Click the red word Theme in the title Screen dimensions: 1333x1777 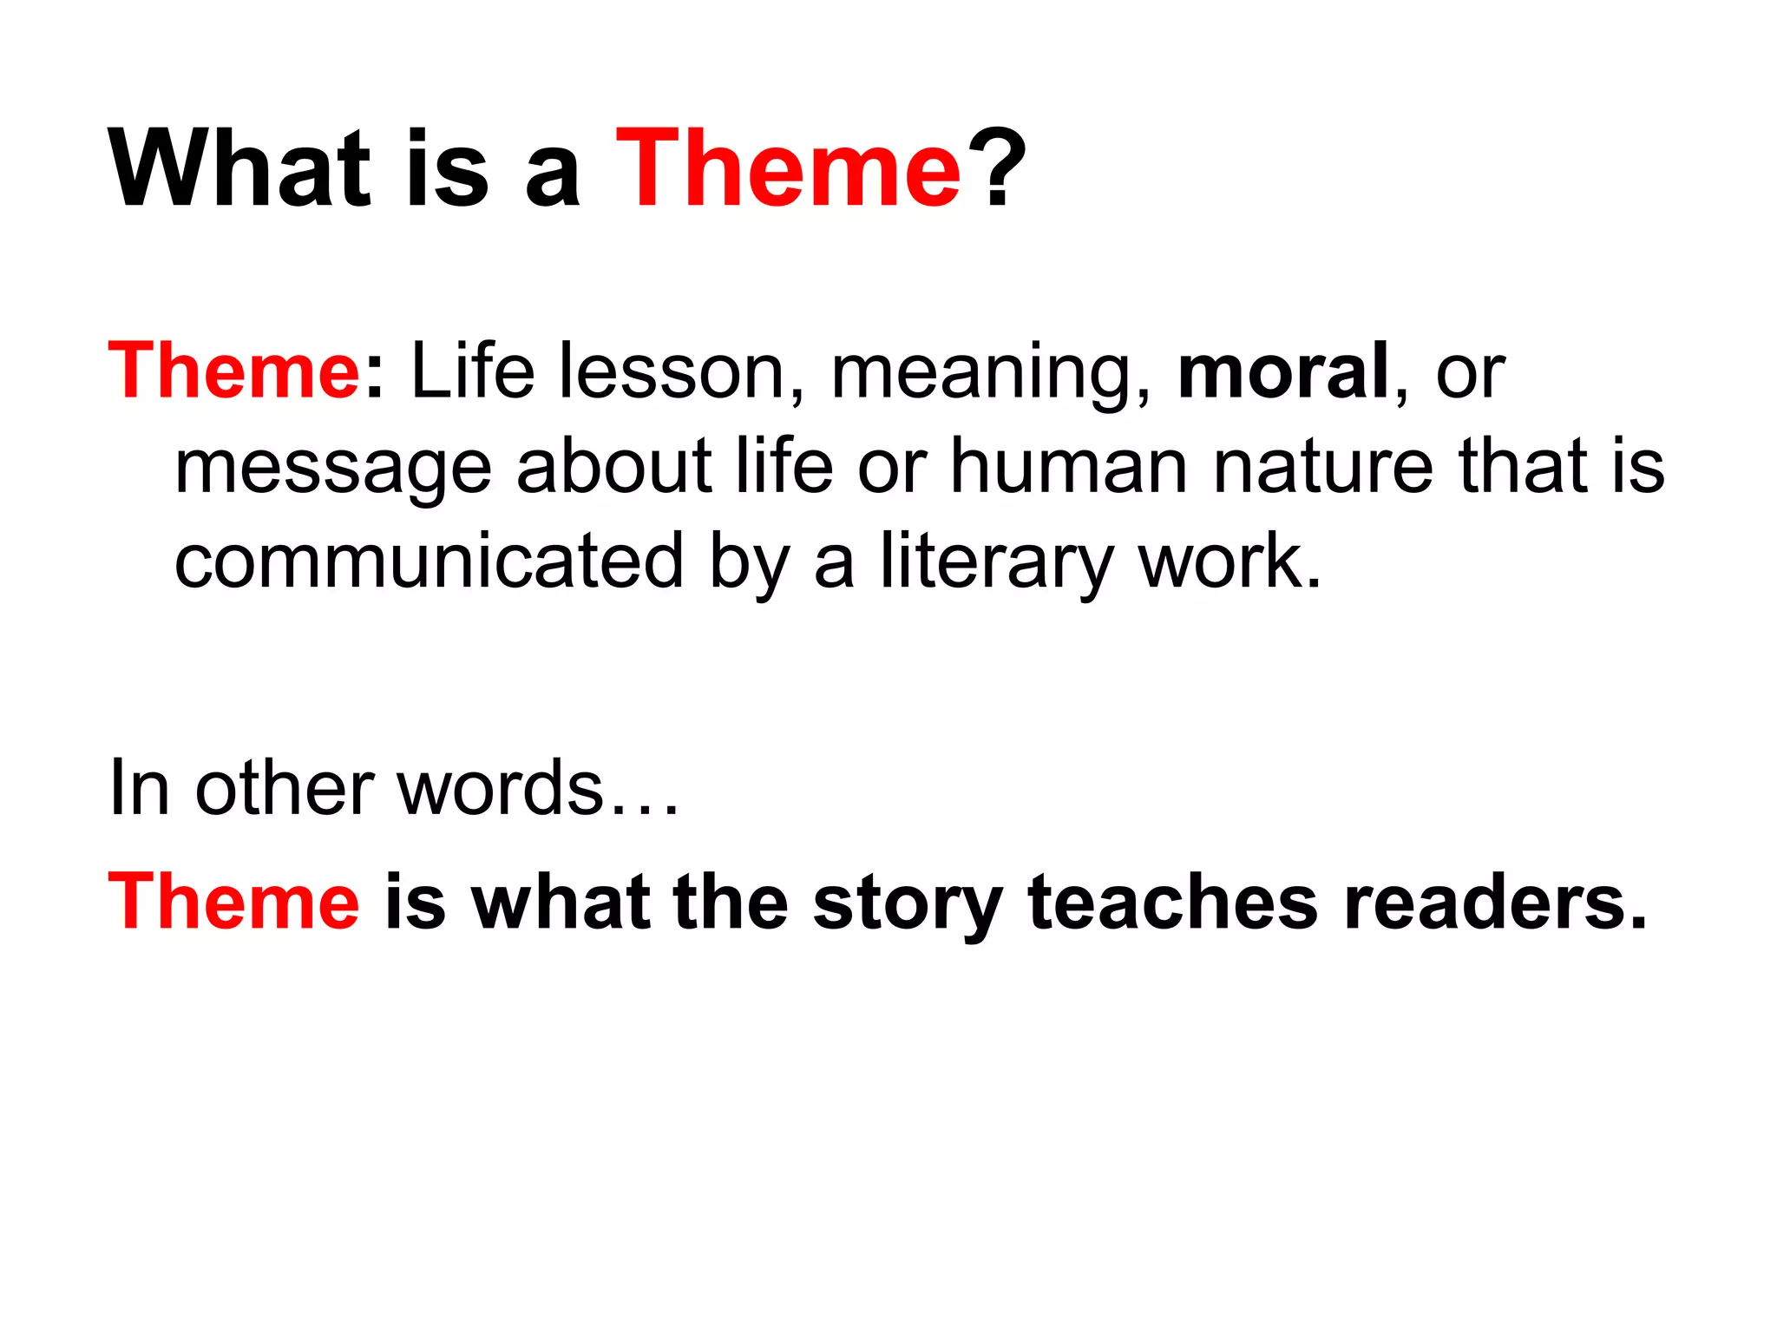tap(788, 168)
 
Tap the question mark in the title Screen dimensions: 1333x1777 tap(998, 168)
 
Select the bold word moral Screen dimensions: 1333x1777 tap(1283, 371)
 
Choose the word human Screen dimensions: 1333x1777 tap(1068, 466)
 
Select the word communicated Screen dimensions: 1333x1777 tap(429, 561)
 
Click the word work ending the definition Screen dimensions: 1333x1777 tap(1229, 561)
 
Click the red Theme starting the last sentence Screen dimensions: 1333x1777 tap(233, 903)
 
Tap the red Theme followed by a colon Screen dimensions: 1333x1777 tap(233, 371)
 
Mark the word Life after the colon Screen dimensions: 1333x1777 tap(472, 371)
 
